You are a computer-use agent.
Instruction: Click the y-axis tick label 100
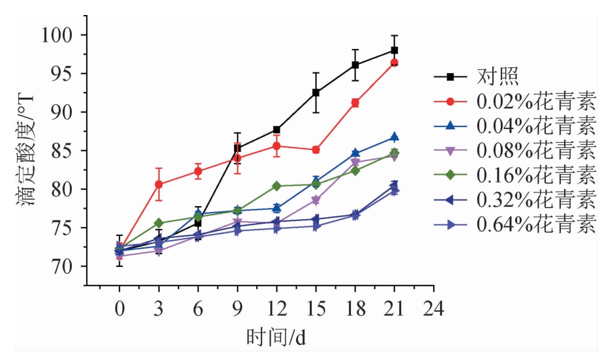(x=60, y=35)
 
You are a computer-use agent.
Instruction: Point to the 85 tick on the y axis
(x=65, y=151)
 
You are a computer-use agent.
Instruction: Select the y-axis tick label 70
(x=65, y=267)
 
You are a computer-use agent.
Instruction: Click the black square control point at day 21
(x=395, y=50)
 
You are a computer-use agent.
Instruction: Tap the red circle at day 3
(x=158, y=185)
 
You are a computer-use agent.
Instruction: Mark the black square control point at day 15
(x=316, y=93)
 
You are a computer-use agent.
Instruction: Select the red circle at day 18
(x=355, y=103)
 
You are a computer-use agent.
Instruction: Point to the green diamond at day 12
(x=277, y=186)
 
